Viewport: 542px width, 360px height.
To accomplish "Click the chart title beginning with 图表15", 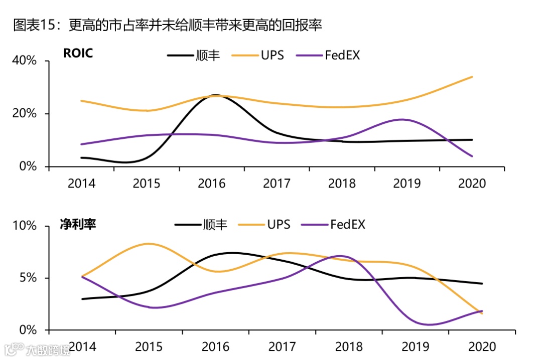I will [167, 25].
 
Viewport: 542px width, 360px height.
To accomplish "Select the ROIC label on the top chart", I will [78, 53].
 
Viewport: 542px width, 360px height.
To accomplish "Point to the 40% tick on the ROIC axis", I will [25, 61].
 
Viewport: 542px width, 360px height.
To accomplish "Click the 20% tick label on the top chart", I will [25, 114].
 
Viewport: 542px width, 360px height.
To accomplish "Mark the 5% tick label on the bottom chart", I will [28, 278].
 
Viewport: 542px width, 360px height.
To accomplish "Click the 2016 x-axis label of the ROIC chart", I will [211, 184].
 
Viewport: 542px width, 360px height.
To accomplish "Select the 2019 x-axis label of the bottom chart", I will [416, 347].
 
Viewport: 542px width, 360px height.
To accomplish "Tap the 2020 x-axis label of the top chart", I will [472, 184].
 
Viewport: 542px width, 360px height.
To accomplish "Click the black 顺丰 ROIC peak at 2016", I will [215, 95].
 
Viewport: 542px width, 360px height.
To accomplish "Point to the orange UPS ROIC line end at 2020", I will [472, 77].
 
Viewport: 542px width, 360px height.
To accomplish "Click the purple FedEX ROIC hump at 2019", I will [401, 119].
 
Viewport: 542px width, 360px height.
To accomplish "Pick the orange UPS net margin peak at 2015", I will [149, 244].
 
